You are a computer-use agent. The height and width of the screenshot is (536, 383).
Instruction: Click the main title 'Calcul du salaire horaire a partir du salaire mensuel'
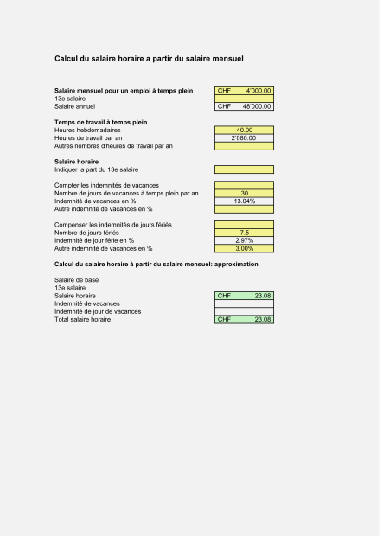[149, 60]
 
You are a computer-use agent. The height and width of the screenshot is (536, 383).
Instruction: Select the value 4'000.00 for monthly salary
[258, 90]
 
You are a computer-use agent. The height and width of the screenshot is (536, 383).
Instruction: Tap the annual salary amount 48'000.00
[256, 106]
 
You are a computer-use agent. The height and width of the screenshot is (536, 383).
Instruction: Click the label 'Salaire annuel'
[74, 106]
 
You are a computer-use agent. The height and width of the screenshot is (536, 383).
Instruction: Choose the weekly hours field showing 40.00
[245, 130]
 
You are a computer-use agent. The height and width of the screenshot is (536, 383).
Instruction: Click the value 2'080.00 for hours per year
[245, 137]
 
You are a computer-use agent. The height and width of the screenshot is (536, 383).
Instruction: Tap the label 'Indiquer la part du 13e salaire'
[101, 169]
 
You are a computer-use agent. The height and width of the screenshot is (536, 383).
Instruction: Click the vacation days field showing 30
[245, 193]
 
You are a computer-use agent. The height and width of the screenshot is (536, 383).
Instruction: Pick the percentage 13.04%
[245, 201]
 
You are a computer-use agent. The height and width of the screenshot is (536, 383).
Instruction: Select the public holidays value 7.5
[245, 233]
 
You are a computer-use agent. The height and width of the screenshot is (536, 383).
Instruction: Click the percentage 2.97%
[245, 240]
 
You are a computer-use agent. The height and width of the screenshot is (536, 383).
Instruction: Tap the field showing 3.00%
[245, 248]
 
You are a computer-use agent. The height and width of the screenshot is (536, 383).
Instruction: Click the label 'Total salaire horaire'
[82, 319]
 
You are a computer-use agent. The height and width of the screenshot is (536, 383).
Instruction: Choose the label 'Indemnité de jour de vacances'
[98, 311]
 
